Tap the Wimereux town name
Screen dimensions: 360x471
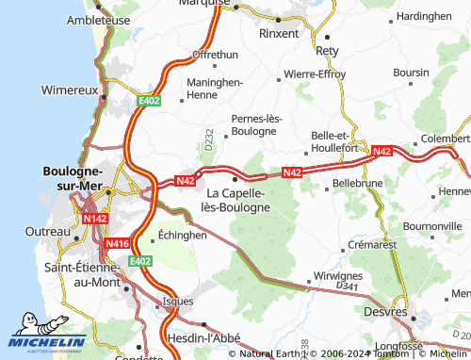tap(70, 90)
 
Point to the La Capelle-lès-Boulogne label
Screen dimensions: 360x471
tap(237, 200)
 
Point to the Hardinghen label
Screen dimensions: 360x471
tap(423, 17)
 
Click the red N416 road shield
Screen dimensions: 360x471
tap(117, 243)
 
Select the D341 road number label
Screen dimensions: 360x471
tap(348, 285)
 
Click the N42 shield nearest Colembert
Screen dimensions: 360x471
tap(382, 151)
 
